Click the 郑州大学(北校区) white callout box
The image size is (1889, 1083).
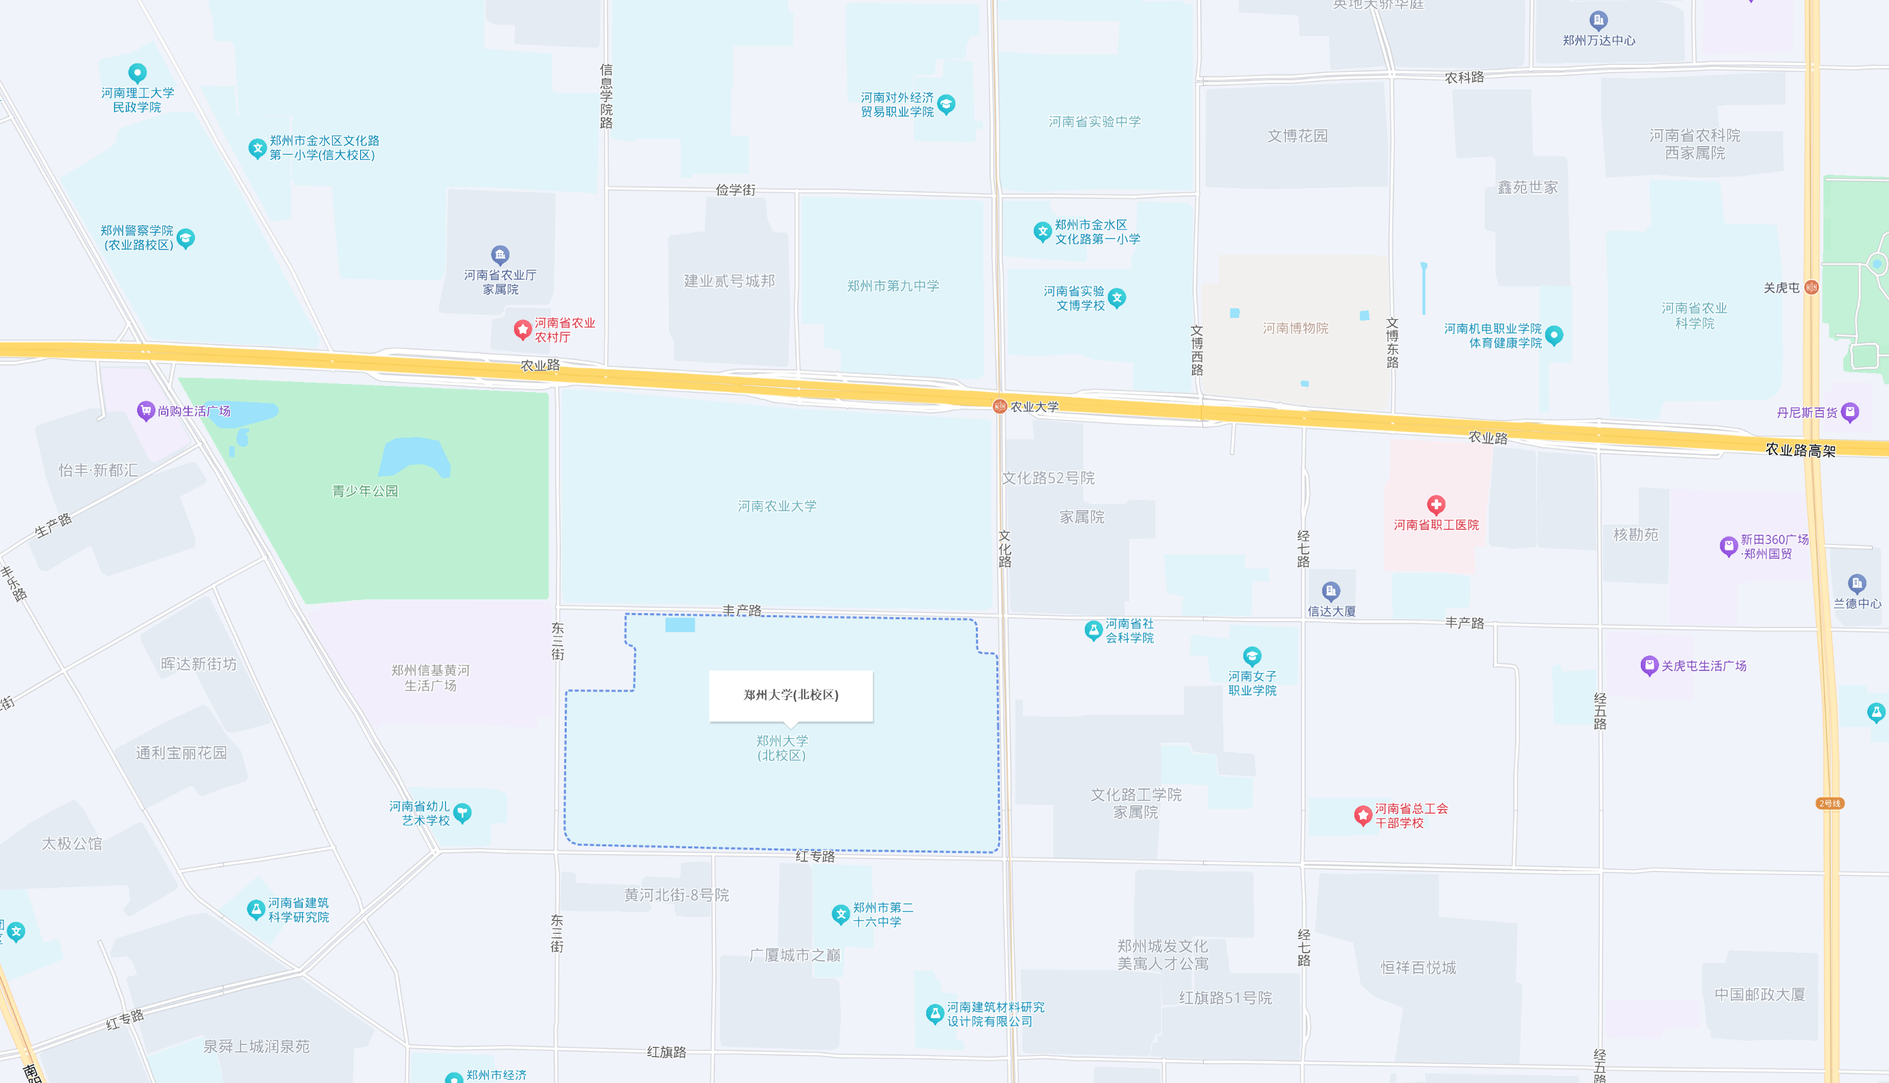tap(790, 696)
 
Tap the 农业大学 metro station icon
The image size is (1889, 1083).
tap(1000, 406)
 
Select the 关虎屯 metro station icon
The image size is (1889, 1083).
tap(1812, 287)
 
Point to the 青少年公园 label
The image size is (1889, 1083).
tap(364, 491)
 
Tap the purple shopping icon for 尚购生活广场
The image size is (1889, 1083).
tap(145, 411)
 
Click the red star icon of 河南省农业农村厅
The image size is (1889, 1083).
tap(522, 329)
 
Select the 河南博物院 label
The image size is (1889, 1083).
tap(1295, 328)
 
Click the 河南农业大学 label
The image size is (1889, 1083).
tap(777, 506)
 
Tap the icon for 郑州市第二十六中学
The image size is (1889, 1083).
tap(840, 914)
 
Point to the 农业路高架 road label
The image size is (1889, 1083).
tap(1800, 450)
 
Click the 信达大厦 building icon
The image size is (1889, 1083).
tap(1330, 591)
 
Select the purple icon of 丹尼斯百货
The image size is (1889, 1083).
tap(1850, 412)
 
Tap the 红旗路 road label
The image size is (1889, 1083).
tap(666, 1052)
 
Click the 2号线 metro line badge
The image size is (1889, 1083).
tap(1830, 803)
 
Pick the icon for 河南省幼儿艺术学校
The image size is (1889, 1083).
tap(462, 812)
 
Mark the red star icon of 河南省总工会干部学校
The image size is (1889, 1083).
tap(1363, 815)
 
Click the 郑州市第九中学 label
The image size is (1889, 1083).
tap(893, 286)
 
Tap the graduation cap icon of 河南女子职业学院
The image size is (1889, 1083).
tap(1251, 656)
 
